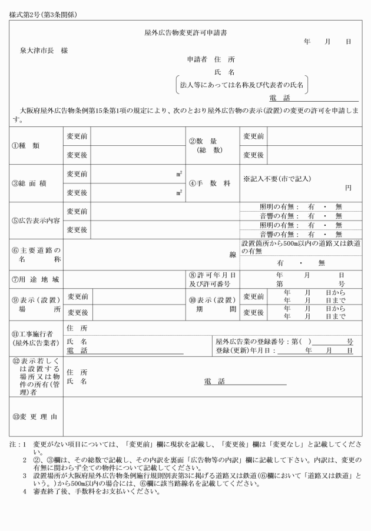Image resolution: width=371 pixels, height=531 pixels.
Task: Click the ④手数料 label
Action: (210, 183)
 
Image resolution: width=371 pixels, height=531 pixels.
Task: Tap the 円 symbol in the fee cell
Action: (348, 188)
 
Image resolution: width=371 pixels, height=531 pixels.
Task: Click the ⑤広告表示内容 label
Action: (36, 221)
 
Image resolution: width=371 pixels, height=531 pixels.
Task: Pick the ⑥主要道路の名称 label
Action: (36, 254)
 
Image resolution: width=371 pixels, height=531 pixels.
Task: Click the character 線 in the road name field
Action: (233, 255)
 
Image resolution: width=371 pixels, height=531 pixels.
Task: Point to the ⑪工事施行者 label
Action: (34, 338)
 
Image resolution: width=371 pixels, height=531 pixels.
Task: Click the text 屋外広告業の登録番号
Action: (252, 341)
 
